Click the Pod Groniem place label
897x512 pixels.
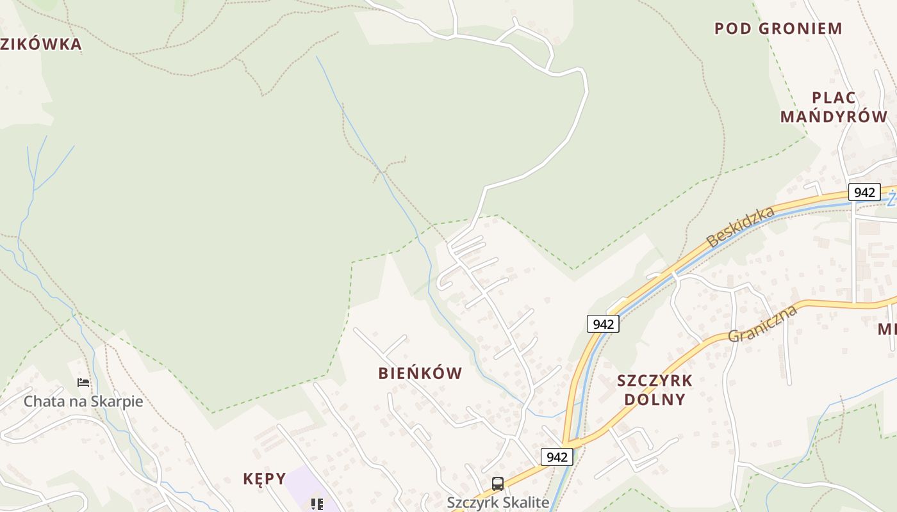pos(778,28)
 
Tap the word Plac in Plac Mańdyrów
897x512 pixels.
pos(834,98)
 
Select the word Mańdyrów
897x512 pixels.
pos(834,116)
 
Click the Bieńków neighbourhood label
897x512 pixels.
pos(420,374)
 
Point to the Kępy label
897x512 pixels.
pos(263,479)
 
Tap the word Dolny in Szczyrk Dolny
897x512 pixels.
pos(655,399)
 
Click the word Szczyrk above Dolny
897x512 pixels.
pos(655,381)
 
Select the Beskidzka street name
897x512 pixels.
pos(740,227)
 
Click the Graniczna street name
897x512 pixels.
pos(762,324)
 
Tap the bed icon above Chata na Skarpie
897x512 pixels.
pos(83,383)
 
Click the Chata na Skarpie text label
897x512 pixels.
pos(83,402)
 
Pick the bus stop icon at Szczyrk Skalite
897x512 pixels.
pos(498,484)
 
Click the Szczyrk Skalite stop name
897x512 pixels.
pos(498,502)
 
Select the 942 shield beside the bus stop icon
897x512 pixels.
pos(557,457)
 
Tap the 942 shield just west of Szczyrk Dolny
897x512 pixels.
pos(603,324)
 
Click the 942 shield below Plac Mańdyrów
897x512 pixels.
pos(864,192)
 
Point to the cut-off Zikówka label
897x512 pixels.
pos(41,44)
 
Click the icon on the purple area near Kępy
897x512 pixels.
pos(317,504)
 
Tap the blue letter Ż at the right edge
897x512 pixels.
pos(891,200)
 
